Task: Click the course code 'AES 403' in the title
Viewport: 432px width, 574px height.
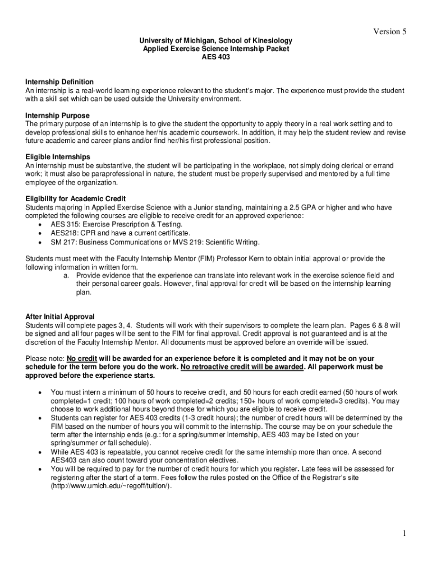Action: point(216,57)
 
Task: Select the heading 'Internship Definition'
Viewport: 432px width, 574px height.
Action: point(59,82)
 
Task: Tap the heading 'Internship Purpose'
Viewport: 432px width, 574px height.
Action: point(57,115)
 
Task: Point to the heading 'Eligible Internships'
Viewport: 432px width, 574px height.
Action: point(58,156)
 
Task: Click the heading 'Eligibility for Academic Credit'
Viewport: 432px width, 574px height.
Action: point(75,198)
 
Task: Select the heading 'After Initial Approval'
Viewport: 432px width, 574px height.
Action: point(60,316)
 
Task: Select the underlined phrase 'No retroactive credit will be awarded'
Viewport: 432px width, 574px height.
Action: point(242,367)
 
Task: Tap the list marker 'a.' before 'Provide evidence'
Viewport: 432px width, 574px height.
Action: point(66,275)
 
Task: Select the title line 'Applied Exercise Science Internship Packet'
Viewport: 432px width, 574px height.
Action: point(216,49)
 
